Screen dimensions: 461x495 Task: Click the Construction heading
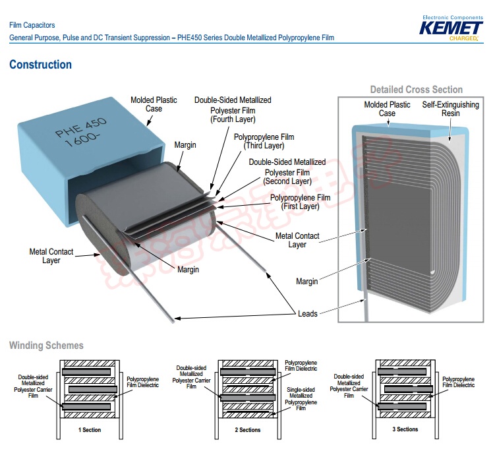pos(40,65)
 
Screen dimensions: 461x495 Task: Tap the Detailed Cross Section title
pos(416,90)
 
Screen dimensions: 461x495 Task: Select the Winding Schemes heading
pos(46,346)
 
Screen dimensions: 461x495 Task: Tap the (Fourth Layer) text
pos(233,119)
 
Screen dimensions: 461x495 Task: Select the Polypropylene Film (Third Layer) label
pos(264,141)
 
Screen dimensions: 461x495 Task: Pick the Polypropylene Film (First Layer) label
pos(300,202)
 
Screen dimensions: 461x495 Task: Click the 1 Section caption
pos(89,429)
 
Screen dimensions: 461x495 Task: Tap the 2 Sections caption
pos(247,430)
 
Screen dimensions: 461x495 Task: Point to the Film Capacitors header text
pos(32,25)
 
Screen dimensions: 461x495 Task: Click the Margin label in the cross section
pos(306,282)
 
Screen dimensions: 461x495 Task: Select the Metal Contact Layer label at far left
pos(51,256)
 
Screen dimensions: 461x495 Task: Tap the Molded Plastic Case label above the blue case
pos(154,104)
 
